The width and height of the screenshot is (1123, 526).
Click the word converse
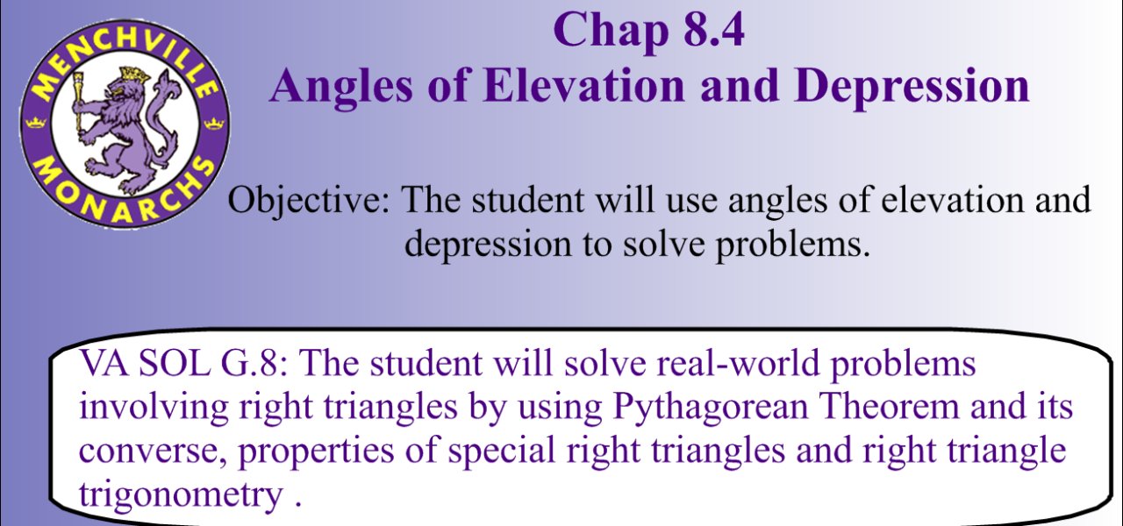(x=151, y=451)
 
